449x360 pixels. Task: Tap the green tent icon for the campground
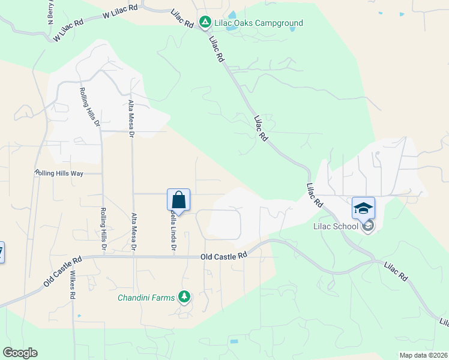pos(205,23)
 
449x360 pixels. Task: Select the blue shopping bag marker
pos(178,200)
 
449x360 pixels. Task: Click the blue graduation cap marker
pos(363,208)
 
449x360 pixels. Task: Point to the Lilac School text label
pos(336,226)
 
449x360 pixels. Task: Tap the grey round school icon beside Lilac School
pos(368,226)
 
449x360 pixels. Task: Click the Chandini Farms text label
pos(146,297)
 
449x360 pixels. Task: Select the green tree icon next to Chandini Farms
pos(184,296)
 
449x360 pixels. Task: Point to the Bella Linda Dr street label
pos(173,231)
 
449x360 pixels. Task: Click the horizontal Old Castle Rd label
pos(224,256)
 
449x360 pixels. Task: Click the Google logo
pos(20,353)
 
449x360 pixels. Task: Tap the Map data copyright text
pos(423,355)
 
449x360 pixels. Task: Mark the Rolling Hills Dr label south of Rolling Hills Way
pos(103,229)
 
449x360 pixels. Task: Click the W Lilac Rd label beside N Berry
pos(67,28)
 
